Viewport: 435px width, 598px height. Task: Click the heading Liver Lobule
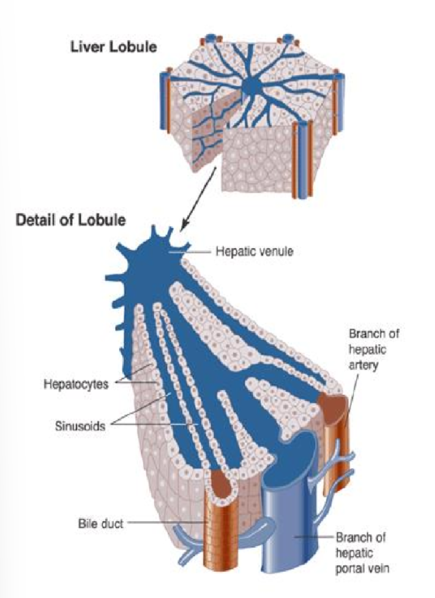pos(114,48)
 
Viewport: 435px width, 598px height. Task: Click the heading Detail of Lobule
pos(71,221)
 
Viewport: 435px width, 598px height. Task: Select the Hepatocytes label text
pos(75,383)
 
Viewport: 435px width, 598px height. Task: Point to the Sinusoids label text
pos(80,425)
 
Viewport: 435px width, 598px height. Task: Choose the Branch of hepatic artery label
pos(374,350)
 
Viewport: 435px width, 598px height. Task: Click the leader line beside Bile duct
pos(164,523)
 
